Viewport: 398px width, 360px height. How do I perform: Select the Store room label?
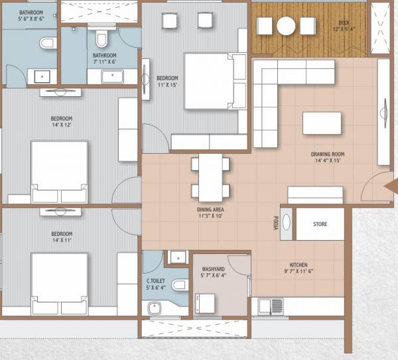click(x=320, y=224)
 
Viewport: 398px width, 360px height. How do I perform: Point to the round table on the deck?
click(x=286, y=26)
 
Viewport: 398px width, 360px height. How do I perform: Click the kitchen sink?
click(x=271, y=306)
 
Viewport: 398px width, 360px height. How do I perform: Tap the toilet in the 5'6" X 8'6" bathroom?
click(x=47, y=43)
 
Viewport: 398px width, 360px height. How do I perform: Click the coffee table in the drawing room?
click(x=322, y=123)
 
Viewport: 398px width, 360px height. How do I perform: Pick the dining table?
click(x=210, y=177)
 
